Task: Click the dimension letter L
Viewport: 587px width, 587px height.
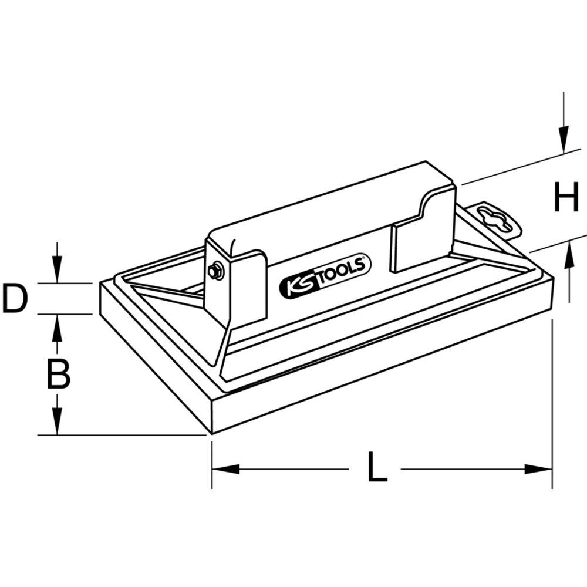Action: [377, 468]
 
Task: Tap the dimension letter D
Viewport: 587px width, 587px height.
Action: [15, 298]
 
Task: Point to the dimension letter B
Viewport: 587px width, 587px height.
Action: [58, 374]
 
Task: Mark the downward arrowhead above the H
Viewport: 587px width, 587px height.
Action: [563, 140]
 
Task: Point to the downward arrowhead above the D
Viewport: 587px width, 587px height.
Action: [56, 270]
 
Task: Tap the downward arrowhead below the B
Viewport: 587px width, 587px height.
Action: [57, 422]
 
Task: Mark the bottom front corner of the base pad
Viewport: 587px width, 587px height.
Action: [211, 433]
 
